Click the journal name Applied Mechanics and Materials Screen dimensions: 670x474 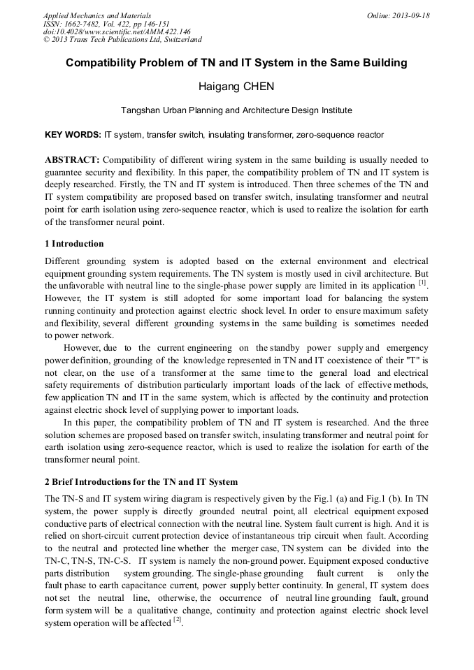pos(96,15)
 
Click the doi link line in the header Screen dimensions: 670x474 pos(117,32)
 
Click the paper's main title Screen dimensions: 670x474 pos(236,63)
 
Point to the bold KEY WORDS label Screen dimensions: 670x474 pos(73,134)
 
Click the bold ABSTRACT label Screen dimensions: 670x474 pos(72,160)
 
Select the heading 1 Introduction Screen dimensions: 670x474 pos(74,244)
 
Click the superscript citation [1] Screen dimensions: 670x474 pos(422,283)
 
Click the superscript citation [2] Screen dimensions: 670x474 pos(178,620)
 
